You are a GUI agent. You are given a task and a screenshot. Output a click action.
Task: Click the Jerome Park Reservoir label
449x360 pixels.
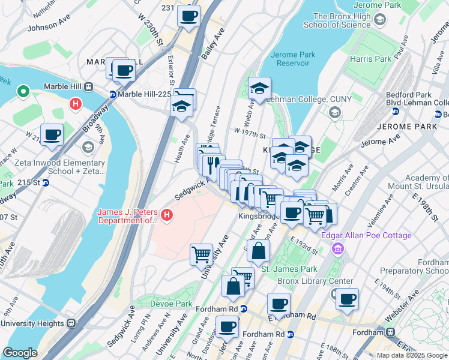click(x=293, y=59)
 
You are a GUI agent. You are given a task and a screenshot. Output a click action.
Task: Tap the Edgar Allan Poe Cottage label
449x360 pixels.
click(x=366, y=236)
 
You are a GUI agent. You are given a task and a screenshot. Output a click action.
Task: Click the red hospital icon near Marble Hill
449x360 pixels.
click(x=75, y=104)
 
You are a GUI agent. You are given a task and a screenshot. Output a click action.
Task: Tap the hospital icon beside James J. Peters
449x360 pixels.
click(x=167, y=214)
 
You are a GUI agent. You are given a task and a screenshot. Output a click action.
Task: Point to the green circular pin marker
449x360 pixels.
click(x=23, y=92)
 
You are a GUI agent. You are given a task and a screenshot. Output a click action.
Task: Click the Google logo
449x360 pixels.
click(x=20, y=353)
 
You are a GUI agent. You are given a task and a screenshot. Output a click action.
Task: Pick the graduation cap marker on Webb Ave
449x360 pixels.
click(x=259, y=89)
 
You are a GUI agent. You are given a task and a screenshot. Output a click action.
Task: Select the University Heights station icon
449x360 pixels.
click(x=71, y=322)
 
